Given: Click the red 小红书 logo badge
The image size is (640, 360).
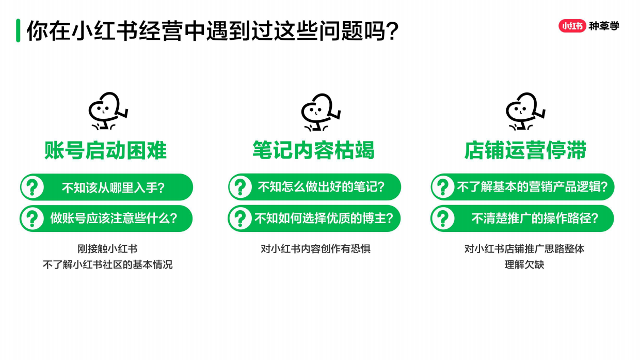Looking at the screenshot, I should [572, 26].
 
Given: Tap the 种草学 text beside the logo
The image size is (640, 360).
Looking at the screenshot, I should [604, 26].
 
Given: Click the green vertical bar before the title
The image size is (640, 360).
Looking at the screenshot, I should [18, 30].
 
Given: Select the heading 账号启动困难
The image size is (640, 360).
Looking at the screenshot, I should [106, 150].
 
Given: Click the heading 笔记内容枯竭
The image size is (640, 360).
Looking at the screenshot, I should [313, 150].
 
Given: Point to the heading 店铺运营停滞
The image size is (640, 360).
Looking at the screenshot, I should [525, 150].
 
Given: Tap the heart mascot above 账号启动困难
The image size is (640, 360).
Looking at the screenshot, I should [107, 111].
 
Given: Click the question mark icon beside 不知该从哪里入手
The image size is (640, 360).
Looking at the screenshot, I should [33, 187].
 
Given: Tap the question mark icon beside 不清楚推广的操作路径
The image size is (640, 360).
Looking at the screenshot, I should [443, 218].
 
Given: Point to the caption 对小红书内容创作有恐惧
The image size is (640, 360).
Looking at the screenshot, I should [315, 249].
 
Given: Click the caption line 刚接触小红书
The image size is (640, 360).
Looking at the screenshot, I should [107, 249].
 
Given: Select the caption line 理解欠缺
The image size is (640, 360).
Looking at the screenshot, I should [524, 265].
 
